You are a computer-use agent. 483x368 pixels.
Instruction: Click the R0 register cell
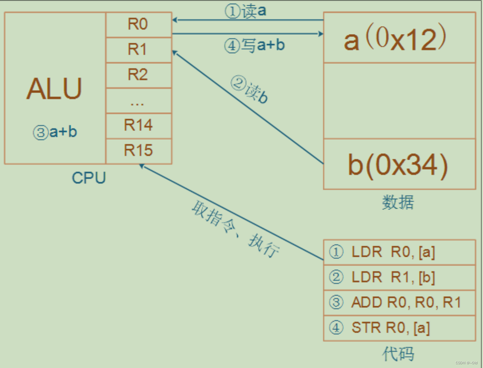(x=138, y=25)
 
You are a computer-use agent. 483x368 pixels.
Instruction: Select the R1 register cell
(x=138, y=50)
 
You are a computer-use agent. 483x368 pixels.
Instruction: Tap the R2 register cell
(x=138, y=75)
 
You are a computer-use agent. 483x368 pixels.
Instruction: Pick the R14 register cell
(x=138, y=126)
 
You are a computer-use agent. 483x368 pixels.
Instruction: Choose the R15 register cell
(x=138, y=151)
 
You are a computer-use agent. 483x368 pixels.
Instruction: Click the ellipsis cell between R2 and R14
(x=138, y=101)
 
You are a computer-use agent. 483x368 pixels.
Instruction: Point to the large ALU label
(x=54, y=89)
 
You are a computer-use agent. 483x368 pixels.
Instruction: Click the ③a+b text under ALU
(x=55, y=132)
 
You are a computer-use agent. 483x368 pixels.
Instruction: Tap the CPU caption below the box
(x=89, y=178)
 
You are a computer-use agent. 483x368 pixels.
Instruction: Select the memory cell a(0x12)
(x=399, y=38)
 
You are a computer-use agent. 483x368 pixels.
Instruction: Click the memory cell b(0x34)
(x=399, y=165)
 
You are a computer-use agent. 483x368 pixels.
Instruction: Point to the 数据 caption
(x=398, y=202)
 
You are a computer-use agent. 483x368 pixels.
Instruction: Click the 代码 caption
(x=398, y=354)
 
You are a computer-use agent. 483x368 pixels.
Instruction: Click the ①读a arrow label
(x=245, y=11)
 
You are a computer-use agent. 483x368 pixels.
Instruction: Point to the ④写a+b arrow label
(x=254, y=45)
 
